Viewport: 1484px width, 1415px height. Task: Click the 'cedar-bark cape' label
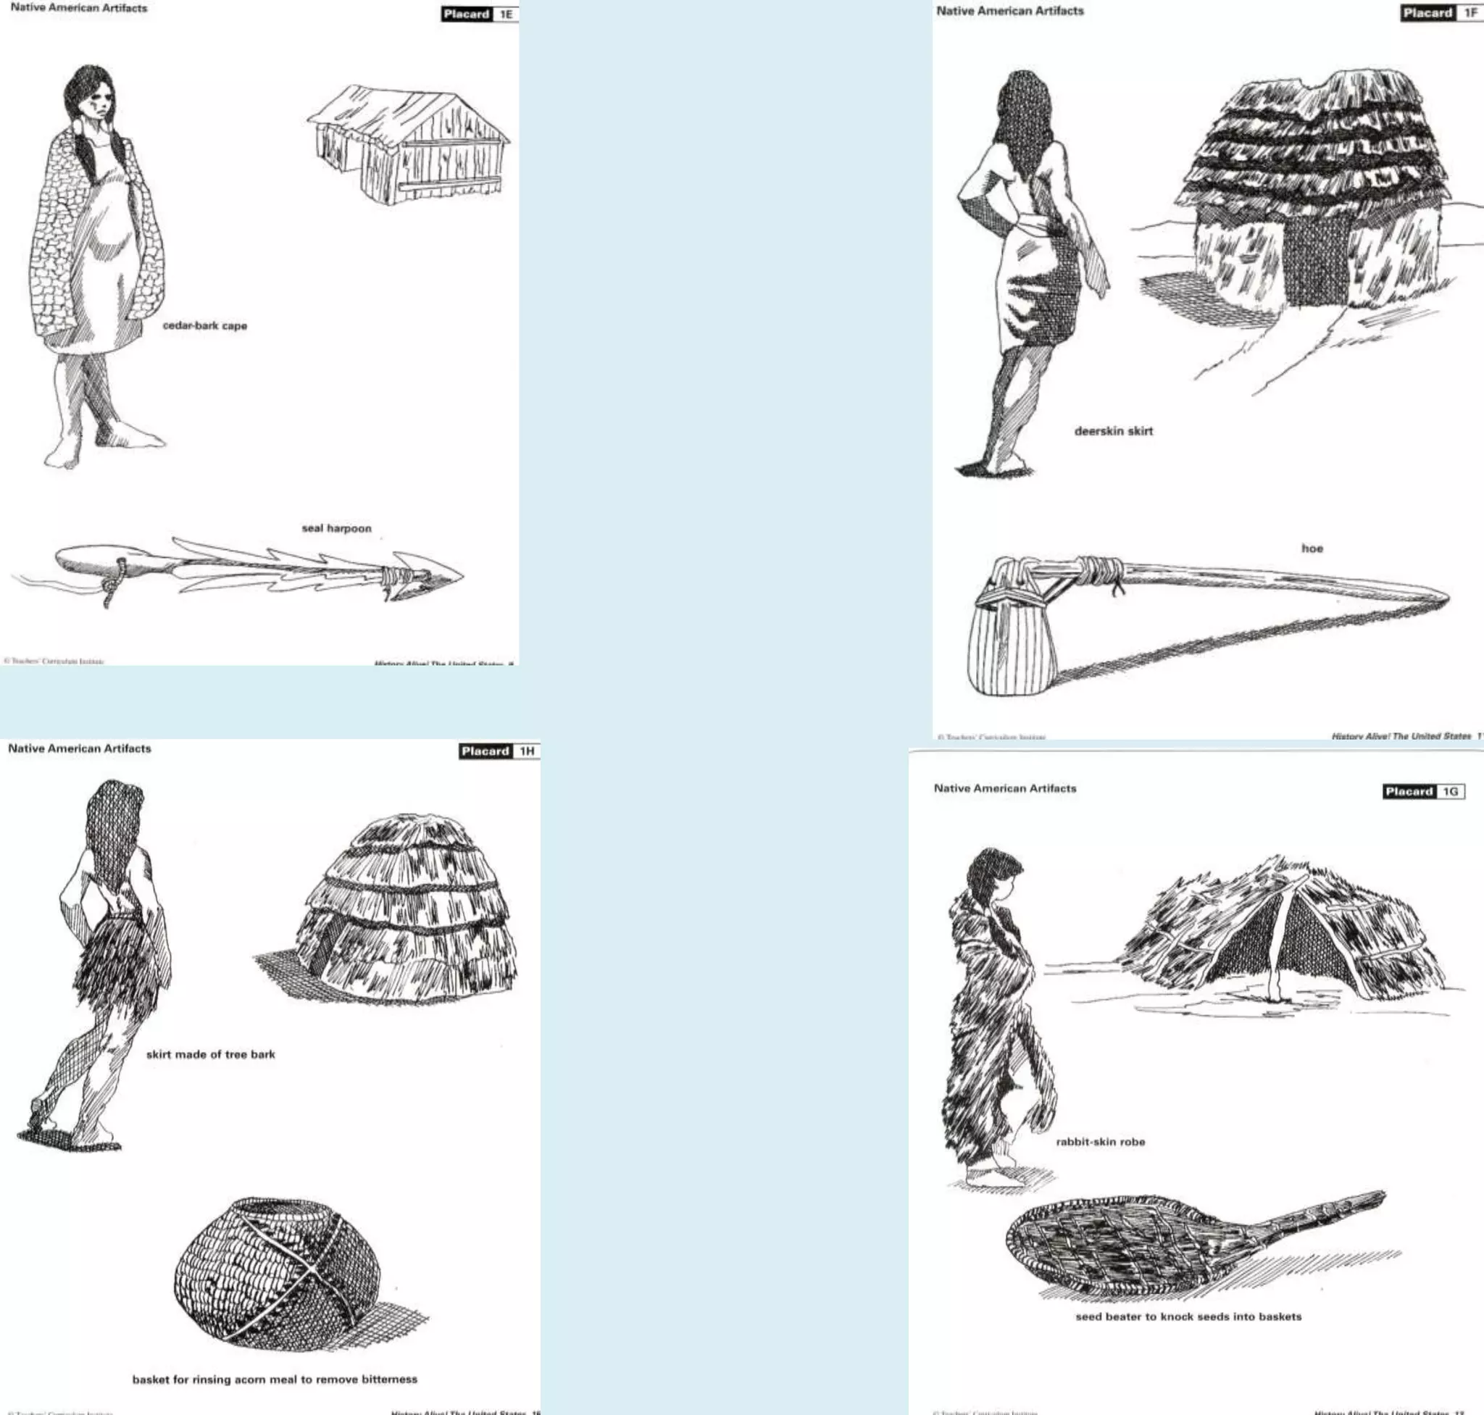204,326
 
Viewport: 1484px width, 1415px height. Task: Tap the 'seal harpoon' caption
336,528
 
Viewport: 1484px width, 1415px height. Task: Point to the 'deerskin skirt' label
1113,431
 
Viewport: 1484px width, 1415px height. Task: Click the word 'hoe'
1312,548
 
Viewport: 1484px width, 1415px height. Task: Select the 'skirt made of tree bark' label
210,1054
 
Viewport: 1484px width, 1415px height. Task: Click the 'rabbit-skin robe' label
1100,1142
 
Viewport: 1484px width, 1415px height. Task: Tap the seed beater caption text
1188,1316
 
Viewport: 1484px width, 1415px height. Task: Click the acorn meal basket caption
275,1379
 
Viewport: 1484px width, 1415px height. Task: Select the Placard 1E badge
479,14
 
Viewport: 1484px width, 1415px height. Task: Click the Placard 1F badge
1441,13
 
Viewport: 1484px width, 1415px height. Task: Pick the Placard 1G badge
1423,791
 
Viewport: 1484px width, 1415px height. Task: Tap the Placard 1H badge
499,751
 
